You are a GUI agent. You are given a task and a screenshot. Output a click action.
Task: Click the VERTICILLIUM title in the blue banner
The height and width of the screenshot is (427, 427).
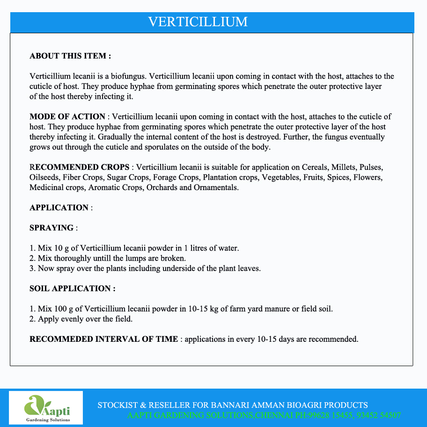[x=198, y=22]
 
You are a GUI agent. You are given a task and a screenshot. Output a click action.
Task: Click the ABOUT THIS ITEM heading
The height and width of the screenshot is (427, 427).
[x=70, y=56]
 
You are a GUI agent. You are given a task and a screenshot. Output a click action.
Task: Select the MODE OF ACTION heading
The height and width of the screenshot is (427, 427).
[x=67, y=117]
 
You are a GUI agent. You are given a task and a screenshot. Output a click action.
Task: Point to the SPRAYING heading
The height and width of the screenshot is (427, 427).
[x=52, y=228]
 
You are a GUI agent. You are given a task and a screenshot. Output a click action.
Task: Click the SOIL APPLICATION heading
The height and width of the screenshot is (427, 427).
[x=73, y=289]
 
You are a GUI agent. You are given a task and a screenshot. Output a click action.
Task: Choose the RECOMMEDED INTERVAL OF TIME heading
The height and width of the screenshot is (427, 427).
[x=103, y=339]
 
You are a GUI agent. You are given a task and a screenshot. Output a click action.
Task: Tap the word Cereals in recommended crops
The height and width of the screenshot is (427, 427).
[x=316, y=167]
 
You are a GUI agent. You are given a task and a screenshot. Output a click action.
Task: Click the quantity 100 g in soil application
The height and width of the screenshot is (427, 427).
[x=63, y=309]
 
